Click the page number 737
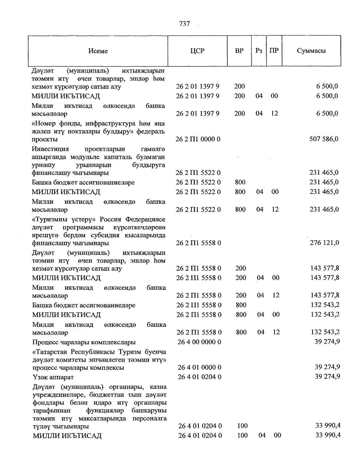[184, 24]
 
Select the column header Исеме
[98, 51]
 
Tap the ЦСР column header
[197, 51]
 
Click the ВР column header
[239, 51]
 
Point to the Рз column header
[259, 51]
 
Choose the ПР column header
[274, 51]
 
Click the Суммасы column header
[311, 51]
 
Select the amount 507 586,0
[324, 139]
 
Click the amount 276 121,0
[324, 243]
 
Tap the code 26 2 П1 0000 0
[198, 139]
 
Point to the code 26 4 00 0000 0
[199, 342]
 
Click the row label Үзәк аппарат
[53, 377]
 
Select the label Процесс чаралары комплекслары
[84, 342]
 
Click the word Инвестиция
[50, 149]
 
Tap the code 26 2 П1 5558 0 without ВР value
[199, 243]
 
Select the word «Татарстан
[51, 352]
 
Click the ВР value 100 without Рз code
[242, 426]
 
